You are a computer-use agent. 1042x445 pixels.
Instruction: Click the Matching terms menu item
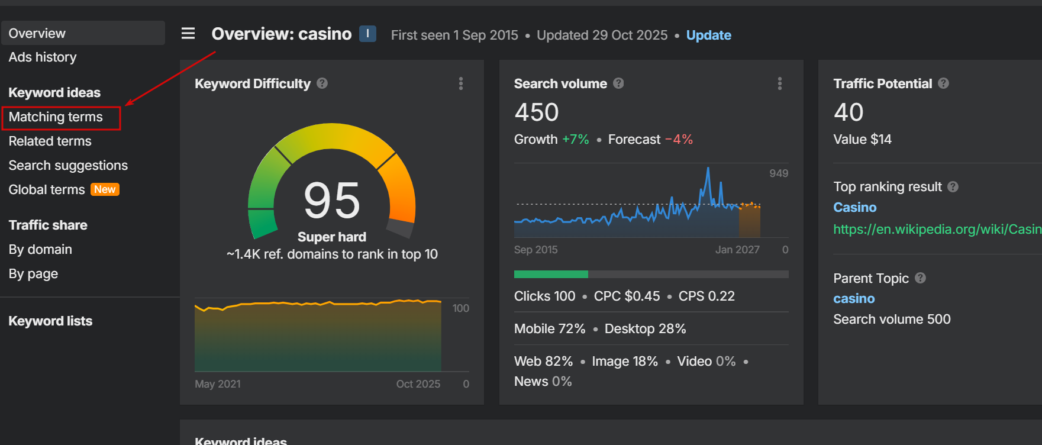click(56, 117)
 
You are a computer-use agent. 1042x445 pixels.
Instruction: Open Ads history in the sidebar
click(43, 57)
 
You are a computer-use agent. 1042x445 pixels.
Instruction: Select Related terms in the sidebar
click(50, 141)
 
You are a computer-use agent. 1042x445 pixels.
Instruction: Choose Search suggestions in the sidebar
click(68, 166)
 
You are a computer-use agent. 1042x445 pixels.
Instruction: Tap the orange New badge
click(105, 189)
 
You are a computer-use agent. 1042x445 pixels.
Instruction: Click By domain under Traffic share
click(40, 250)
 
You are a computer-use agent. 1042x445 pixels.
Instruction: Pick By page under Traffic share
click(33, 274)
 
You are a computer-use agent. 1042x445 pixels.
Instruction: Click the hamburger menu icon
click(188, 34)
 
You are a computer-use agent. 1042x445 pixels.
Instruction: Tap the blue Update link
click(708, 36)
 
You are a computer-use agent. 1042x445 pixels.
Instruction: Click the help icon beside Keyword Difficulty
click(322, 83)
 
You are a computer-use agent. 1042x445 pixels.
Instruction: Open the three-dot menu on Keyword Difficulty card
click(461, 83)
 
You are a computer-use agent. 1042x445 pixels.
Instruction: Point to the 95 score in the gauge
click(331, 200)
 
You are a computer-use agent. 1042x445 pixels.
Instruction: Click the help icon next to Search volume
click(618, 83)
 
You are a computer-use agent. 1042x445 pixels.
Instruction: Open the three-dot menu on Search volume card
click(780, 83)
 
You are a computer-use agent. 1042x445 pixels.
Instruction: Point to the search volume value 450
click(536, 112)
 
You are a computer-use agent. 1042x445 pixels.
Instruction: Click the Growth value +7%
click(575, 140)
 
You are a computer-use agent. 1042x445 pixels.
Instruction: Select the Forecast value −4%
click(679, 140)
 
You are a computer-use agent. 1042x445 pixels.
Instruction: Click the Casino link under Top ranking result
click(854, 208)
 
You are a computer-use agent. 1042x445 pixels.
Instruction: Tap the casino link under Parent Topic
click(854, 299)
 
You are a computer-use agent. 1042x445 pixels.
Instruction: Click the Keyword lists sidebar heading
click(50, 321)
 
